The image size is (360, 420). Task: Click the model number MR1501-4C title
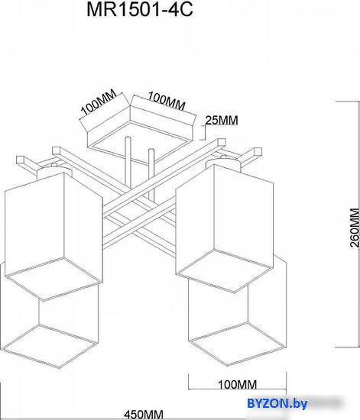[x=140, y=10]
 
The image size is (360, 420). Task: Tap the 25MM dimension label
[x=222, y=120]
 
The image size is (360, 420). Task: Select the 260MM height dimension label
[x=354, y=228]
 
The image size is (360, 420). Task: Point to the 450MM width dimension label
[x=144, y=415]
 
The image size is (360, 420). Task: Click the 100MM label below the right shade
[x=237, y=385]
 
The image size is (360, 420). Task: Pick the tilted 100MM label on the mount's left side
[x=99, y=102]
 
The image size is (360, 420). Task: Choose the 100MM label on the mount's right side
[x=167, y=101]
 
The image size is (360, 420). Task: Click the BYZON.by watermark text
[x=277, y=403]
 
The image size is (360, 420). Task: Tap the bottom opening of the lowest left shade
[x=49, y=346]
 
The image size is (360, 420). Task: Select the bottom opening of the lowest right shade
[x=236, y=344]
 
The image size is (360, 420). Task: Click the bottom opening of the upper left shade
[x=54, y=279]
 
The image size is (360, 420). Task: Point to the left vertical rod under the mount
[x=128, y=165]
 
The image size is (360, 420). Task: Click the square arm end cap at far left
[x=21, y=160]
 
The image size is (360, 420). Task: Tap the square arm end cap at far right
[x=258, y=152]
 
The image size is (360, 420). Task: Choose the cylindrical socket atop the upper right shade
[x=223, y=163]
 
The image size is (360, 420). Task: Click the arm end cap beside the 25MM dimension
[x=222, y=142]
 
